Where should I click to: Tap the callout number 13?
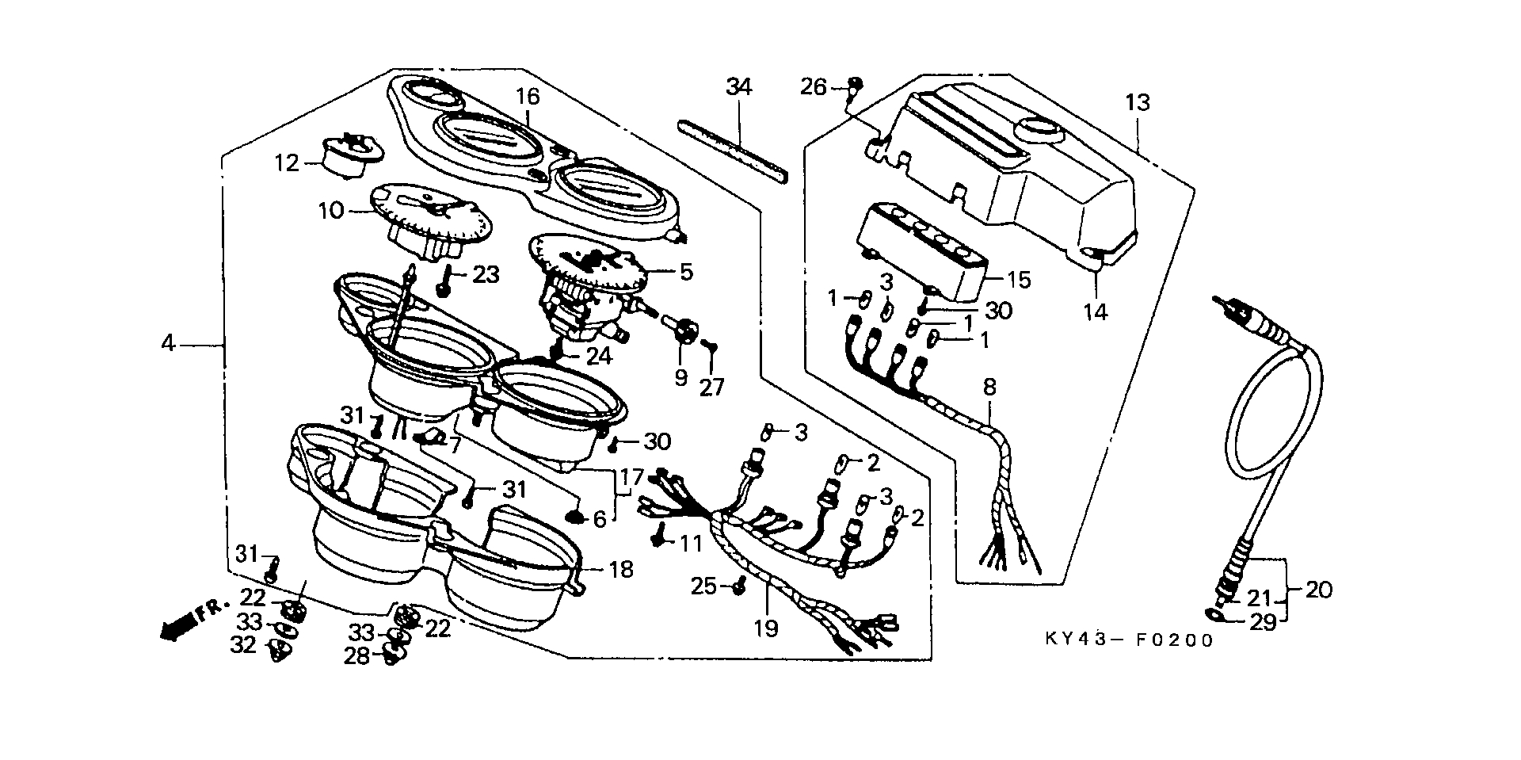[x=1137, y=102]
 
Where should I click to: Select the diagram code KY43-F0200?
[x=1129, y=640]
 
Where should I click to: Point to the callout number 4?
[x=167, y=344]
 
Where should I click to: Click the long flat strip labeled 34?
[x=733, y=151]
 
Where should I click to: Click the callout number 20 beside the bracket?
[x=1318, y=590]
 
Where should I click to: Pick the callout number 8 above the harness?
[x=989, y=388]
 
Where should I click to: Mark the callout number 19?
[x=766, y=628]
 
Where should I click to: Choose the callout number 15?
[x=1019, y=280]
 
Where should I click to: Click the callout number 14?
[x=1096, y=311]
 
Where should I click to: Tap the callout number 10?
[x=331, y=211]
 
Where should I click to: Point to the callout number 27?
[x=712, y=387]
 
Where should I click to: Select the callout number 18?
[x=622, y=569]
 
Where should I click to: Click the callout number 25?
[x=703, y=586]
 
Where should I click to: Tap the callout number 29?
[x=1263, y=623]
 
